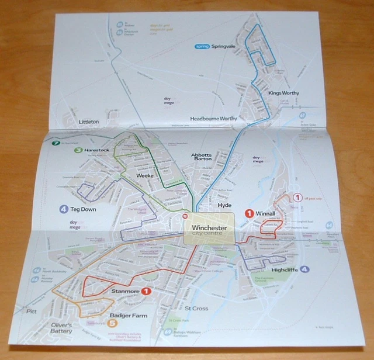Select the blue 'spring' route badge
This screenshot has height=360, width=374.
(202, 46)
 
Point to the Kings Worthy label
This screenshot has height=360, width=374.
(283, 93)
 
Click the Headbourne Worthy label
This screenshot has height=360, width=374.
(214, 119)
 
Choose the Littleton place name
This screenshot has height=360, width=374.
(88, 122)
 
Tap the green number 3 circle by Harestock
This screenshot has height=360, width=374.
(78, 150)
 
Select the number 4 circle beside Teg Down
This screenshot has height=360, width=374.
(63, 209)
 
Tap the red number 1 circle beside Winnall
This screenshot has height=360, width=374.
(249, 214)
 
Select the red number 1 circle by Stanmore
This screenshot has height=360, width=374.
(146, 291)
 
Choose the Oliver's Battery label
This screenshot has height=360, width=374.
(60, 328)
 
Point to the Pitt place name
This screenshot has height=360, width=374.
(32, 311)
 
